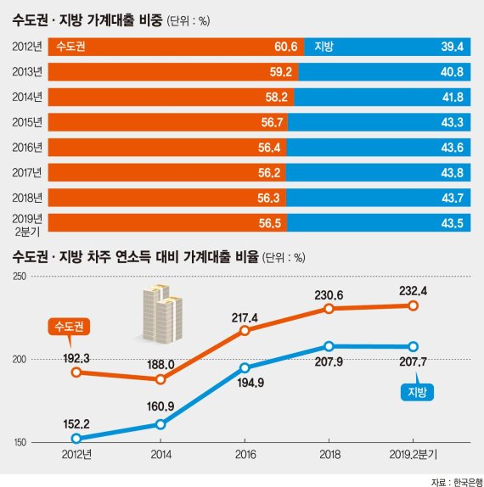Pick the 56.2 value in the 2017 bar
tap(276, 173)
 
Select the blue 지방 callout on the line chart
tap(416, 391)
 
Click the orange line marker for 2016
tap(245, 330)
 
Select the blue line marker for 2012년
tap(76, 439)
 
